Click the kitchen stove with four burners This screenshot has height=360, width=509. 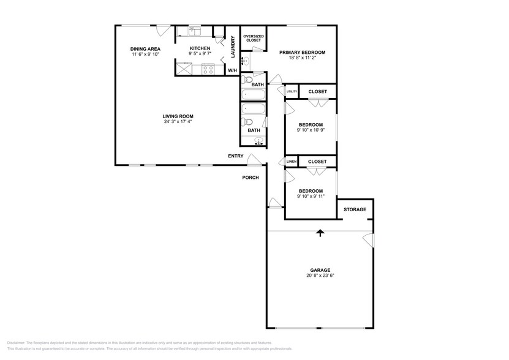click(208, 70)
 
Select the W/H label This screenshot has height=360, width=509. click(232, 71)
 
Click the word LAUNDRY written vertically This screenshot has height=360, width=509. click(233, 47)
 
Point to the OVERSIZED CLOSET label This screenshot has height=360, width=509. click(253, 38)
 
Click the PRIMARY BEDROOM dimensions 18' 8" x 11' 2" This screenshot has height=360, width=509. click(302, 59)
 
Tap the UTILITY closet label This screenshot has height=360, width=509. click(292, 92)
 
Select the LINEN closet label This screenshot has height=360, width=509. click(292, 162)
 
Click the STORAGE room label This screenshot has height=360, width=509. click(355, 209)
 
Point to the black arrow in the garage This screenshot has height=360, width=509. click(320, 233)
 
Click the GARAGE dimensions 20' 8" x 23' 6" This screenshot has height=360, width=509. click(320, 276)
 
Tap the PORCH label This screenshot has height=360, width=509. click(251, 178)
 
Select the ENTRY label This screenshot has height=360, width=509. click(236, 156)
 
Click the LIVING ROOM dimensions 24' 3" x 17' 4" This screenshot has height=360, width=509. click(178, 121)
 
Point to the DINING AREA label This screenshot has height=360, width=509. click(145, 48)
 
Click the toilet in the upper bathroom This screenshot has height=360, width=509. click(249, 80)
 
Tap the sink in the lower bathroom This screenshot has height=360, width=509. click(258, 142)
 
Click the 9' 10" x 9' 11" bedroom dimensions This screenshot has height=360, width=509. click(310, 196)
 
